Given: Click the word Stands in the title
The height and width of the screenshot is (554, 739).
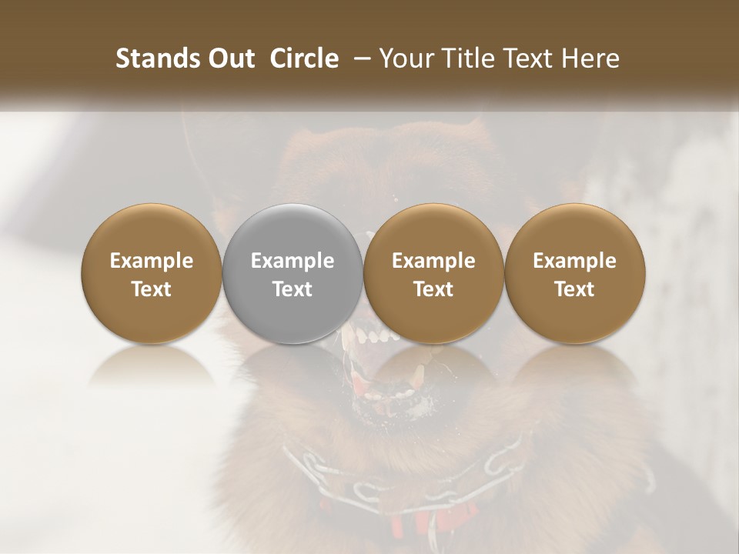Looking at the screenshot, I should (152, 58).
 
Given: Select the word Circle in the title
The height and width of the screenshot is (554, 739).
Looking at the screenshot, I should (304, 58).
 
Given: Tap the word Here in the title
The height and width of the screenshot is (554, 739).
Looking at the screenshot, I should (590, 58).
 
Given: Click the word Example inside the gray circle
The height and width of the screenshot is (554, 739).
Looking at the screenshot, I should (293, 261).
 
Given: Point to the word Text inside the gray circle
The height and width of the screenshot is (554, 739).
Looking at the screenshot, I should (293, 289).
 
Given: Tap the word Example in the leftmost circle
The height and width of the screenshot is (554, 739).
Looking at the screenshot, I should (152, 261).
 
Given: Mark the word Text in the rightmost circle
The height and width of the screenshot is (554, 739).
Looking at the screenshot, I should (575, 289).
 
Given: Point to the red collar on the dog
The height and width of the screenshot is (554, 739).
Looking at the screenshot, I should (408, 524).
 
